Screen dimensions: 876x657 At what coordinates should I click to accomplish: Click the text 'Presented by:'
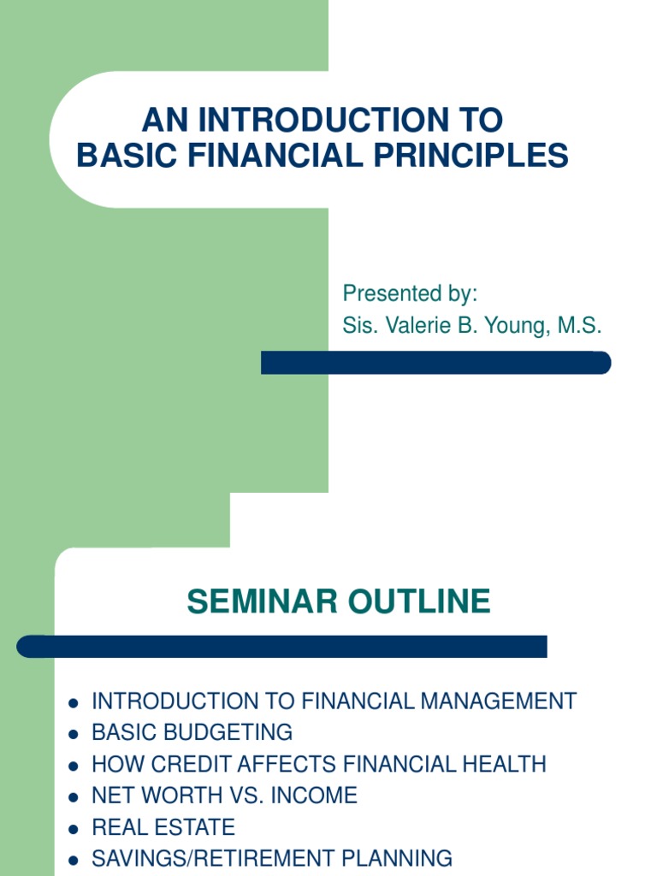pyautogui.click(x=410, y=293)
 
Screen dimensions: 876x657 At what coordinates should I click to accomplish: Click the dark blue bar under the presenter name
pyautogui.click(x=436, y=363)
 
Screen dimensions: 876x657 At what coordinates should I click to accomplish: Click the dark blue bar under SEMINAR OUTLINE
pyautogui.click(x=282, y=647)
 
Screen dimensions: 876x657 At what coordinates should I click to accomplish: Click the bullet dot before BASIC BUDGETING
pyautogui.click(x=74, y=734)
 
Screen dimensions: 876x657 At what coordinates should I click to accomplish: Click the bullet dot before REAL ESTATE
pyautogui.click(x=74, y=829)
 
